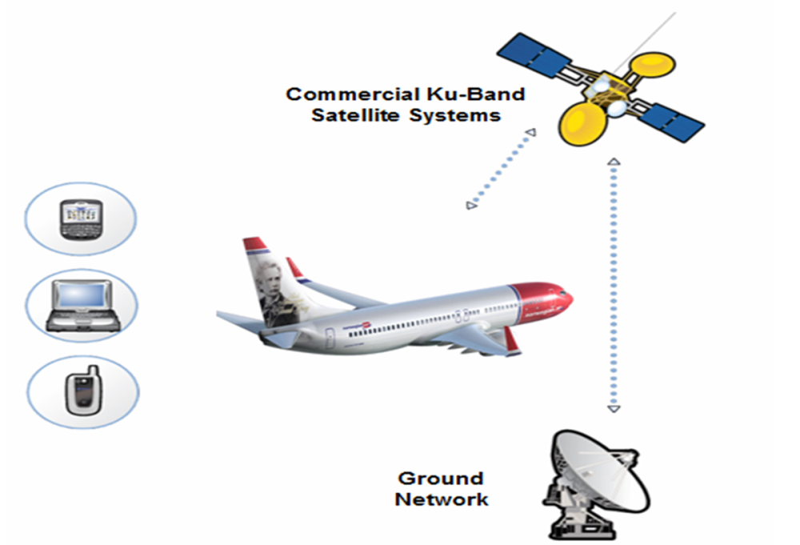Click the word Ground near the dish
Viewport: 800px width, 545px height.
440,479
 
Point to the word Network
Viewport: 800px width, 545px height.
441,499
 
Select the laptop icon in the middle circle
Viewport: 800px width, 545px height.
81,305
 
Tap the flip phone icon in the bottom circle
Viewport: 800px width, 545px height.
82,390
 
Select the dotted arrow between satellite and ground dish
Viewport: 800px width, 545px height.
614,285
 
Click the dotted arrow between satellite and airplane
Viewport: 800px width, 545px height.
501,169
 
